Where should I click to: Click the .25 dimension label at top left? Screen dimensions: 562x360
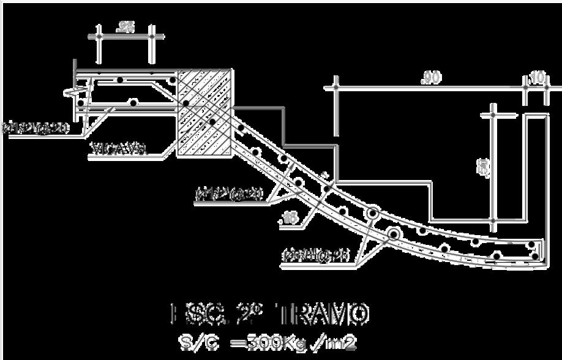[x=127, y=26]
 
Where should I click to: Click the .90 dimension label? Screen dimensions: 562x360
[x=432, y=78]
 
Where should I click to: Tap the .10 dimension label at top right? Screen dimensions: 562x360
[x=536, y=77]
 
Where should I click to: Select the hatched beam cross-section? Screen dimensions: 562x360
[x=204, y=113]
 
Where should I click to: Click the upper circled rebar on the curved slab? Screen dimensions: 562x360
[x=372, y=214]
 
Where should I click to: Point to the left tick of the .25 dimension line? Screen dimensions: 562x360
[x=98, y=36]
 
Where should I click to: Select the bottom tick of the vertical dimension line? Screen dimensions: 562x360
[x=493, y=220]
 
